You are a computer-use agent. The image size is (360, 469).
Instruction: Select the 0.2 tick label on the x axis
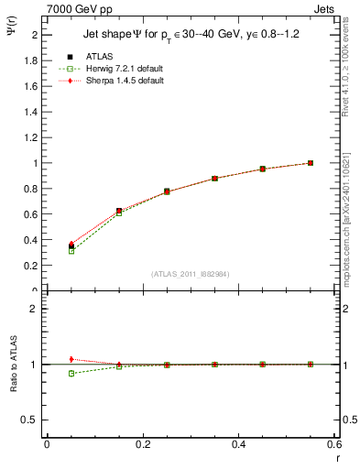coord(142,444)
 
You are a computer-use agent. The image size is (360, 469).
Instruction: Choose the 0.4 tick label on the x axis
coord(238,444)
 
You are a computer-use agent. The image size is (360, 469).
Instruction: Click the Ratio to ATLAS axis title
coord(12,365)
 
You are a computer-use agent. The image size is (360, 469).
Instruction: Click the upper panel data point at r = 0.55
coord(311,163)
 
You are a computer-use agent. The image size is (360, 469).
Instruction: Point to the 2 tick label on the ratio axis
coord(34,309)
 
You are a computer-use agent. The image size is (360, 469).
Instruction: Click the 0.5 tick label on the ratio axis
coord(30,420)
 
